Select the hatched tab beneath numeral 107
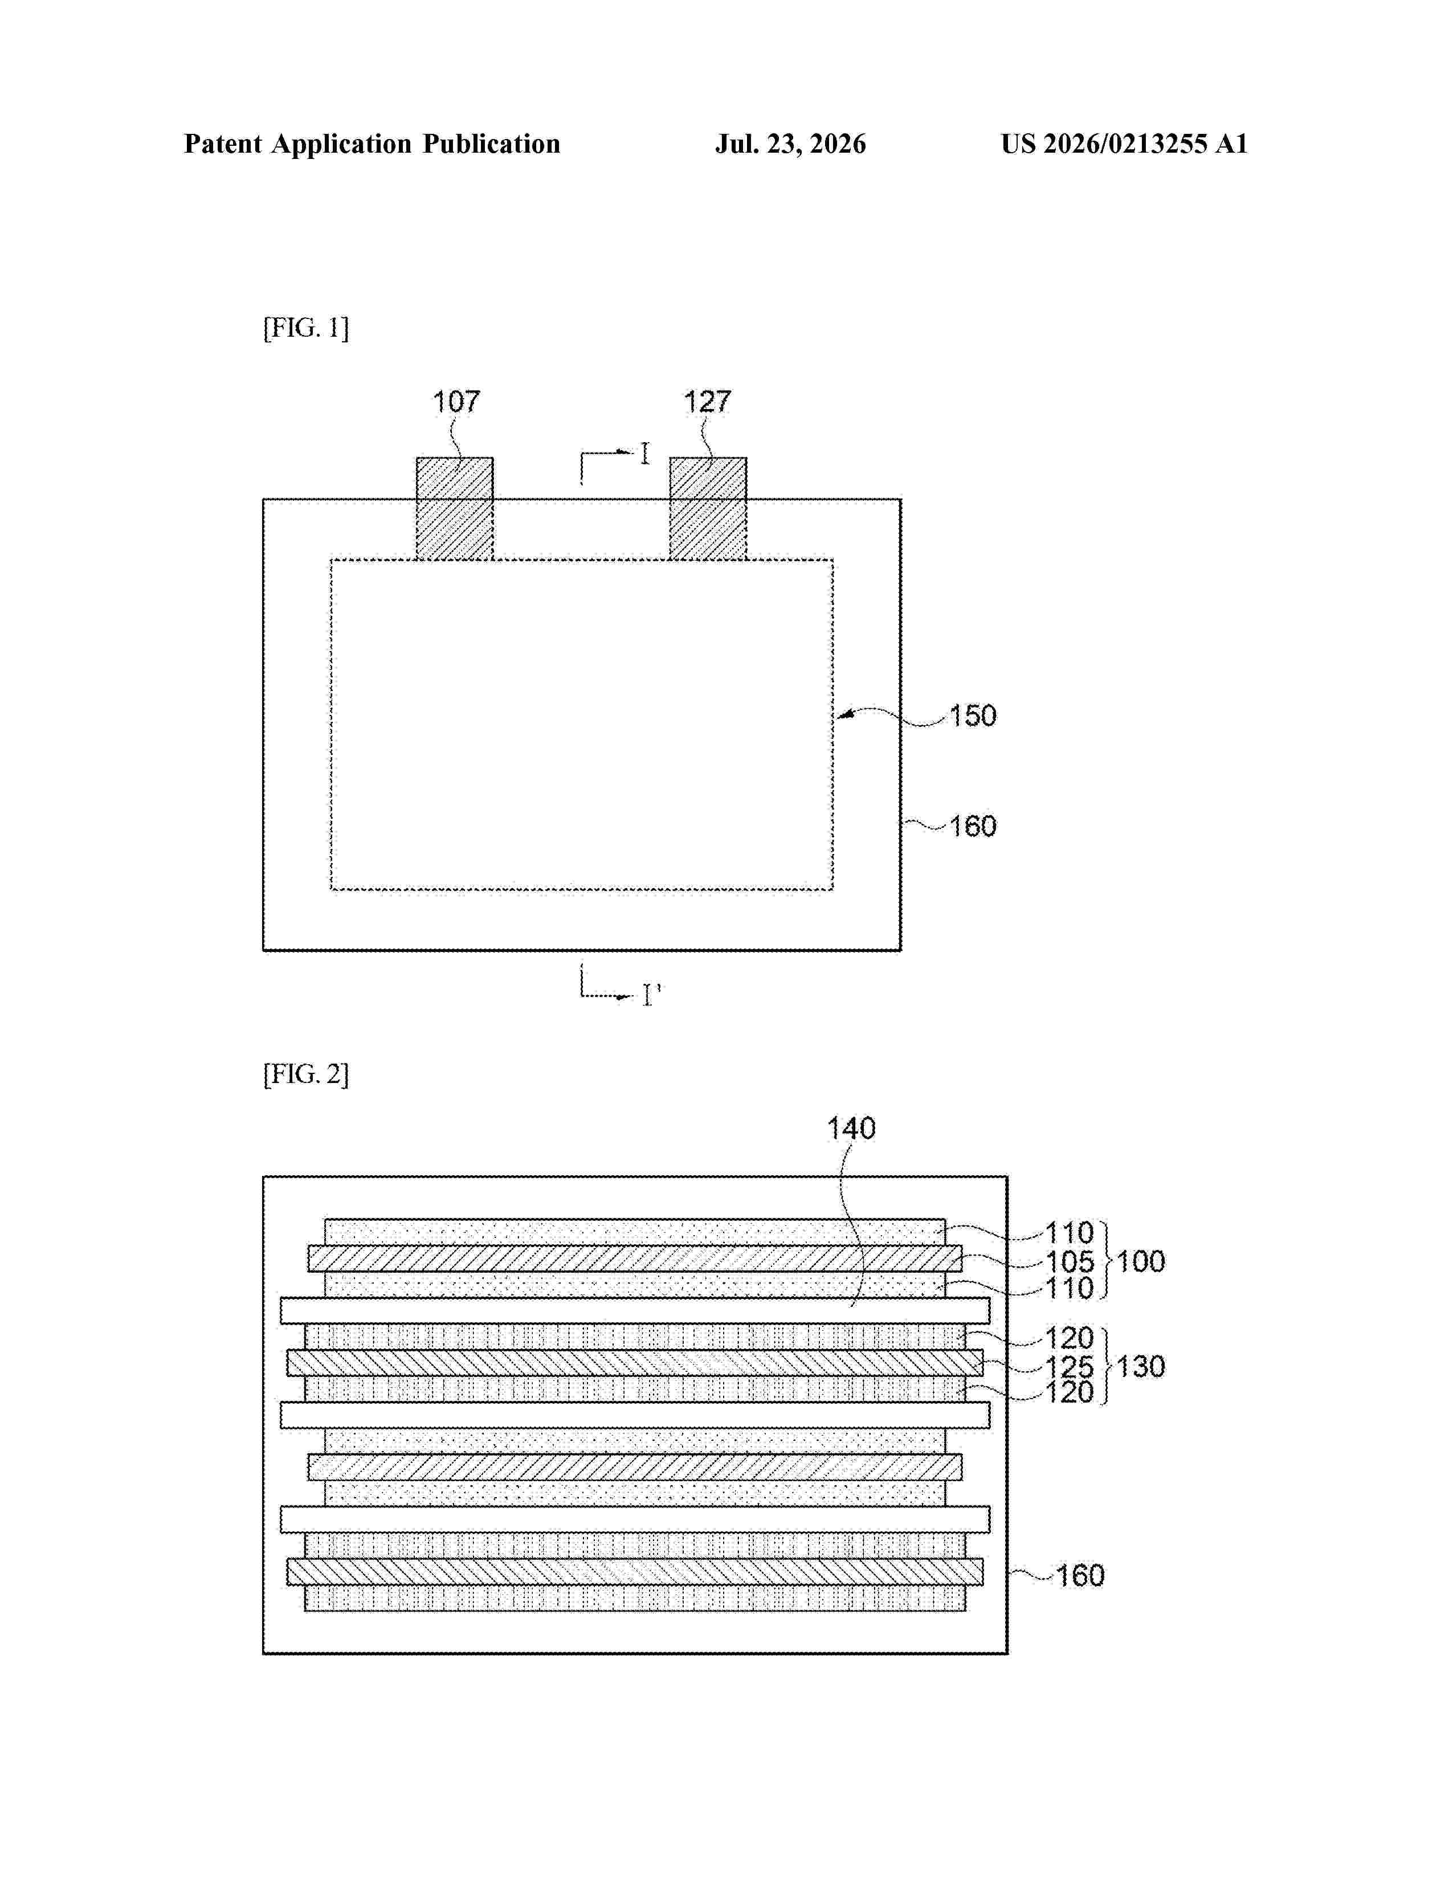(455, 509)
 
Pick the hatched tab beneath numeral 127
(708, 509)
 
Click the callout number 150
(973, 716)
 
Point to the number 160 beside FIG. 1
(973, 827)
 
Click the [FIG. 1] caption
(305, 328)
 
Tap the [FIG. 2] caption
(305, 1074)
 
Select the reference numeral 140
(851, 1129)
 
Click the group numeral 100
(1141, 1261)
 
